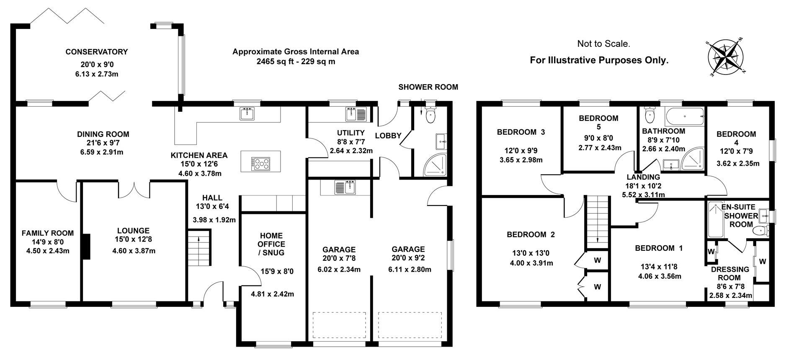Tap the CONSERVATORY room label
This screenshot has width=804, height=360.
point(96,52)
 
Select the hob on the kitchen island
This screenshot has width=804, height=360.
point(260,163)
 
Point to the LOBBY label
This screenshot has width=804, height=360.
point(388,136)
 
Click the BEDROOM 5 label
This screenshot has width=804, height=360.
point(598,122)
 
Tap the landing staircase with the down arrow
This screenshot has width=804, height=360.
point(596,223)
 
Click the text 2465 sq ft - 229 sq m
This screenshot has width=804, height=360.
point(296,62)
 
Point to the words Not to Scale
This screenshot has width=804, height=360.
point(603,44)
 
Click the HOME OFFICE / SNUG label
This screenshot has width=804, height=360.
point(271,244)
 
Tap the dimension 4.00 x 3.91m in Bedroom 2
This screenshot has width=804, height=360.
point(531,263)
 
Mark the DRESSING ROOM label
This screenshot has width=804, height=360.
point(730,273)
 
